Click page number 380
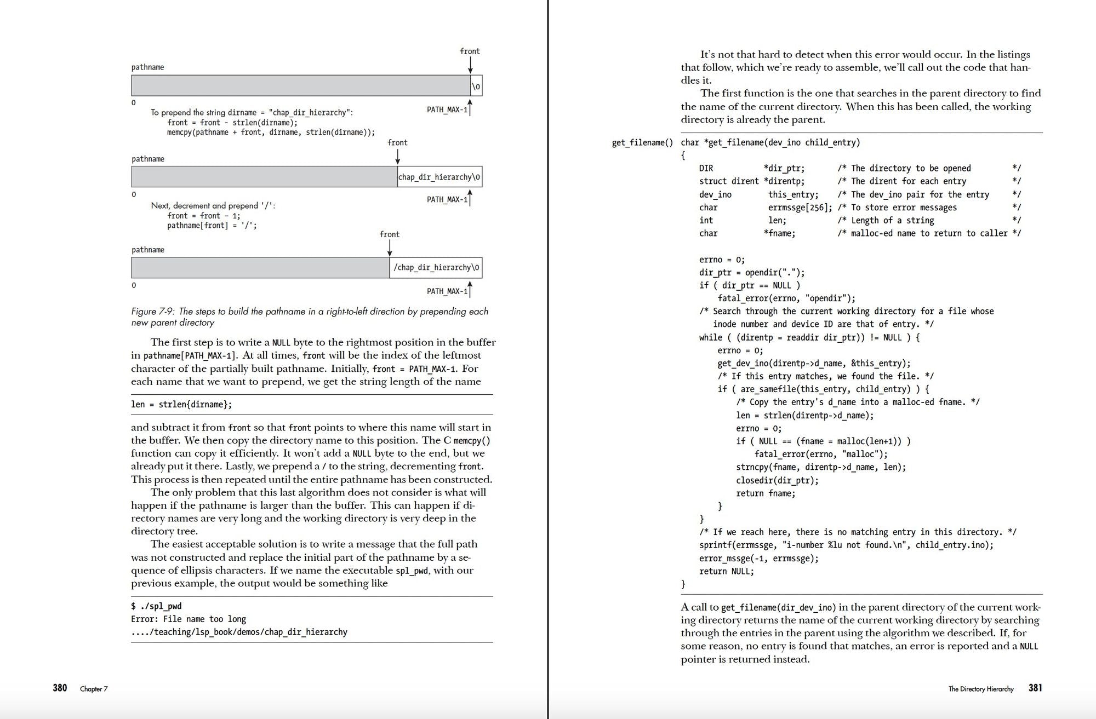coord(60,688)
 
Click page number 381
coord(1035,688)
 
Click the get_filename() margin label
coord(642,143)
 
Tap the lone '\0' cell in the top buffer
coord(476,86)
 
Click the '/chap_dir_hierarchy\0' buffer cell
coord(436,268)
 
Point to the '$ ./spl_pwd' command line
coord(156,606)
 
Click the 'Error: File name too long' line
coord(189,619)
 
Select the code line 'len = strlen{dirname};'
coord(181,405)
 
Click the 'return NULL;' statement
coord(727,571)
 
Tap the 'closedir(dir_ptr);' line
coord(777,480)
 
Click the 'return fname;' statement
coord(766,493)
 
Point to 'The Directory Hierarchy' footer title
coord(981,689)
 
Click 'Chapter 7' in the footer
coord(94,689)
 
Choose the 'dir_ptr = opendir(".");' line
coord(752,273)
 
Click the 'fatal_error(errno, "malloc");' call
coord(821,454)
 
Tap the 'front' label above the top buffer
coord(470,51)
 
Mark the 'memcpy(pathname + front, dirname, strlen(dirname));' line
coord(271,133)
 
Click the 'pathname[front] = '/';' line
coord(212,226)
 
